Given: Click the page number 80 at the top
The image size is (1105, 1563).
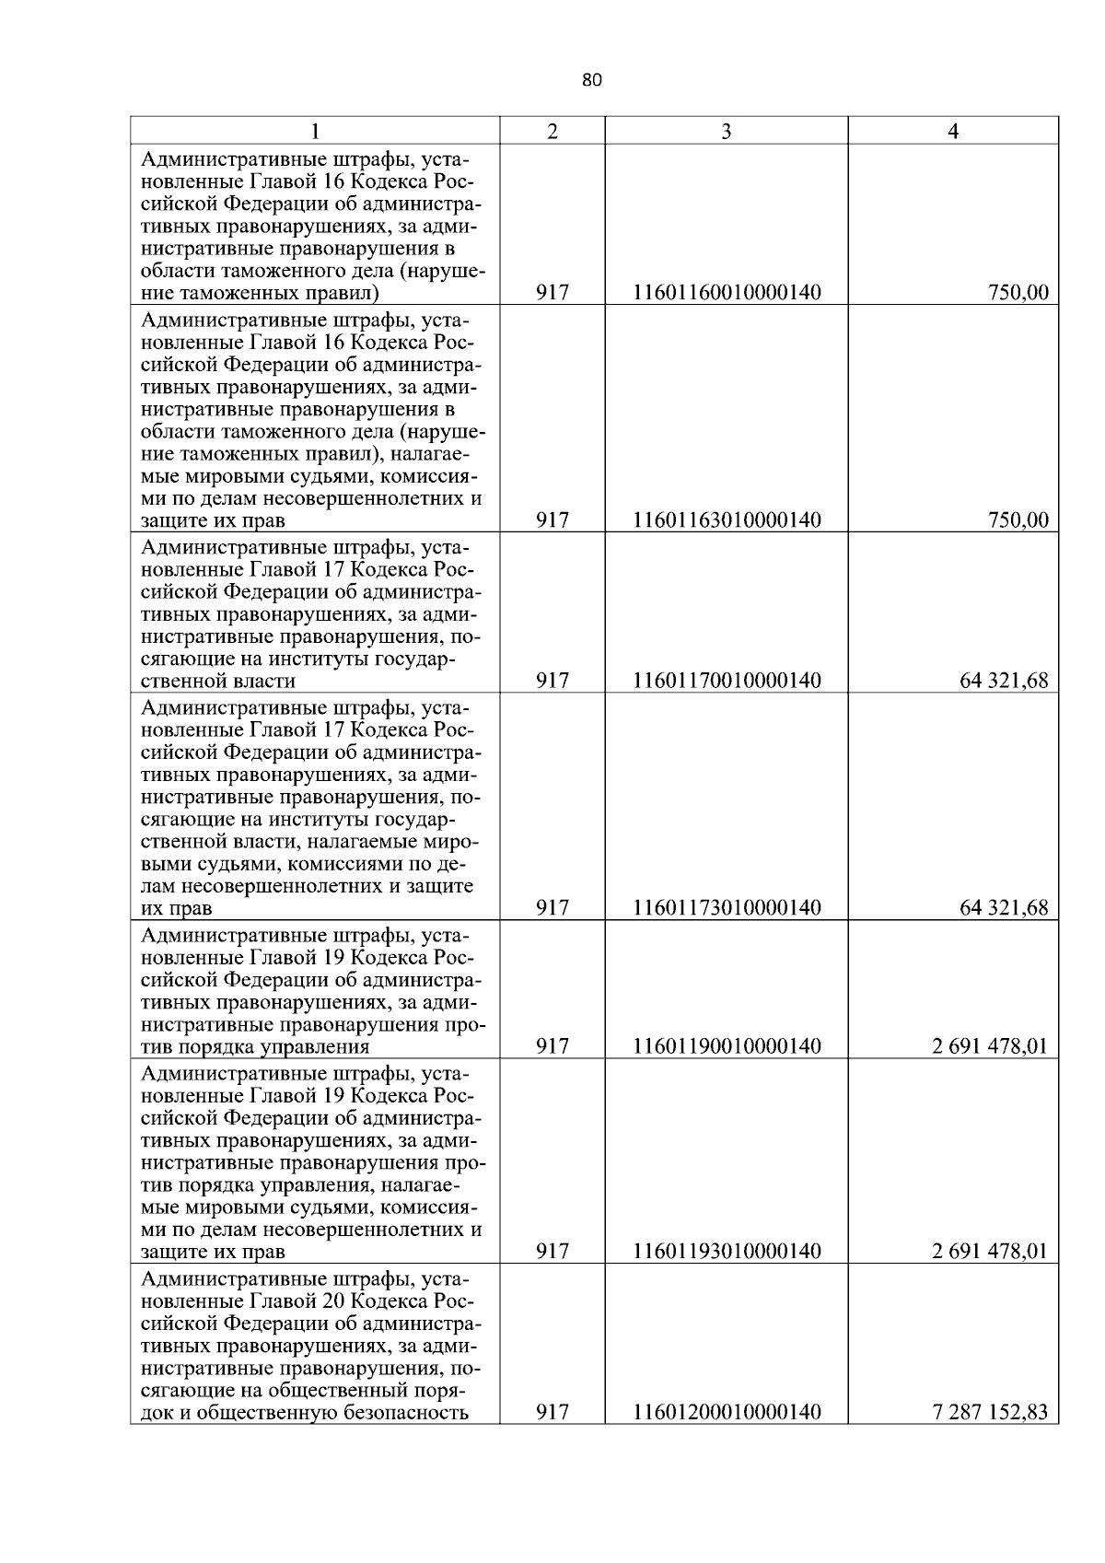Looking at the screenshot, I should coord(592,80).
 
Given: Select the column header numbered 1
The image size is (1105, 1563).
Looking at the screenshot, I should coord(315,132).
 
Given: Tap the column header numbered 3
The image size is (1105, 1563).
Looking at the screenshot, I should coord(726,132).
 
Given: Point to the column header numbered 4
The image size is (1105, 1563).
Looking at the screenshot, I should coord(953,132).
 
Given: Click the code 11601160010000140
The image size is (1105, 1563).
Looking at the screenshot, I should coord(727,293).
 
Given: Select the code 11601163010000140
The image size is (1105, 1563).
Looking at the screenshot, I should coord(727,520).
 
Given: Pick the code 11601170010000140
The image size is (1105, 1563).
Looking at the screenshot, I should coord(727,681).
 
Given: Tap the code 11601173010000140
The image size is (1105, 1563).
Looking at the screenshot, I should coord(727,908).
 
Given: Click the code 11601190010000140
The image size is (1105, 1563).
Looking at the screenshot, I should coord(727,1046).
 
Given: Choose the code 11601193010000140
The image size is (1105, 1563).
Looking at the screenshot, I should coord(727,1251).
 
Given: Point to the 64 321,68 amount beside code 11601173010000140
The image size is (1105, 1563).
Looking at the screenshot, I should coord(1004,908).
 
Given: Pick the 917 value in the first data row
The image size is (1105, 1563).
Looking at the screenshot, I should coord(552,293).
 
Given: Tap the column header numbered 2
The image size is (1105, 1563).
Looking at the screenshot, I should coord(552,132).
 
